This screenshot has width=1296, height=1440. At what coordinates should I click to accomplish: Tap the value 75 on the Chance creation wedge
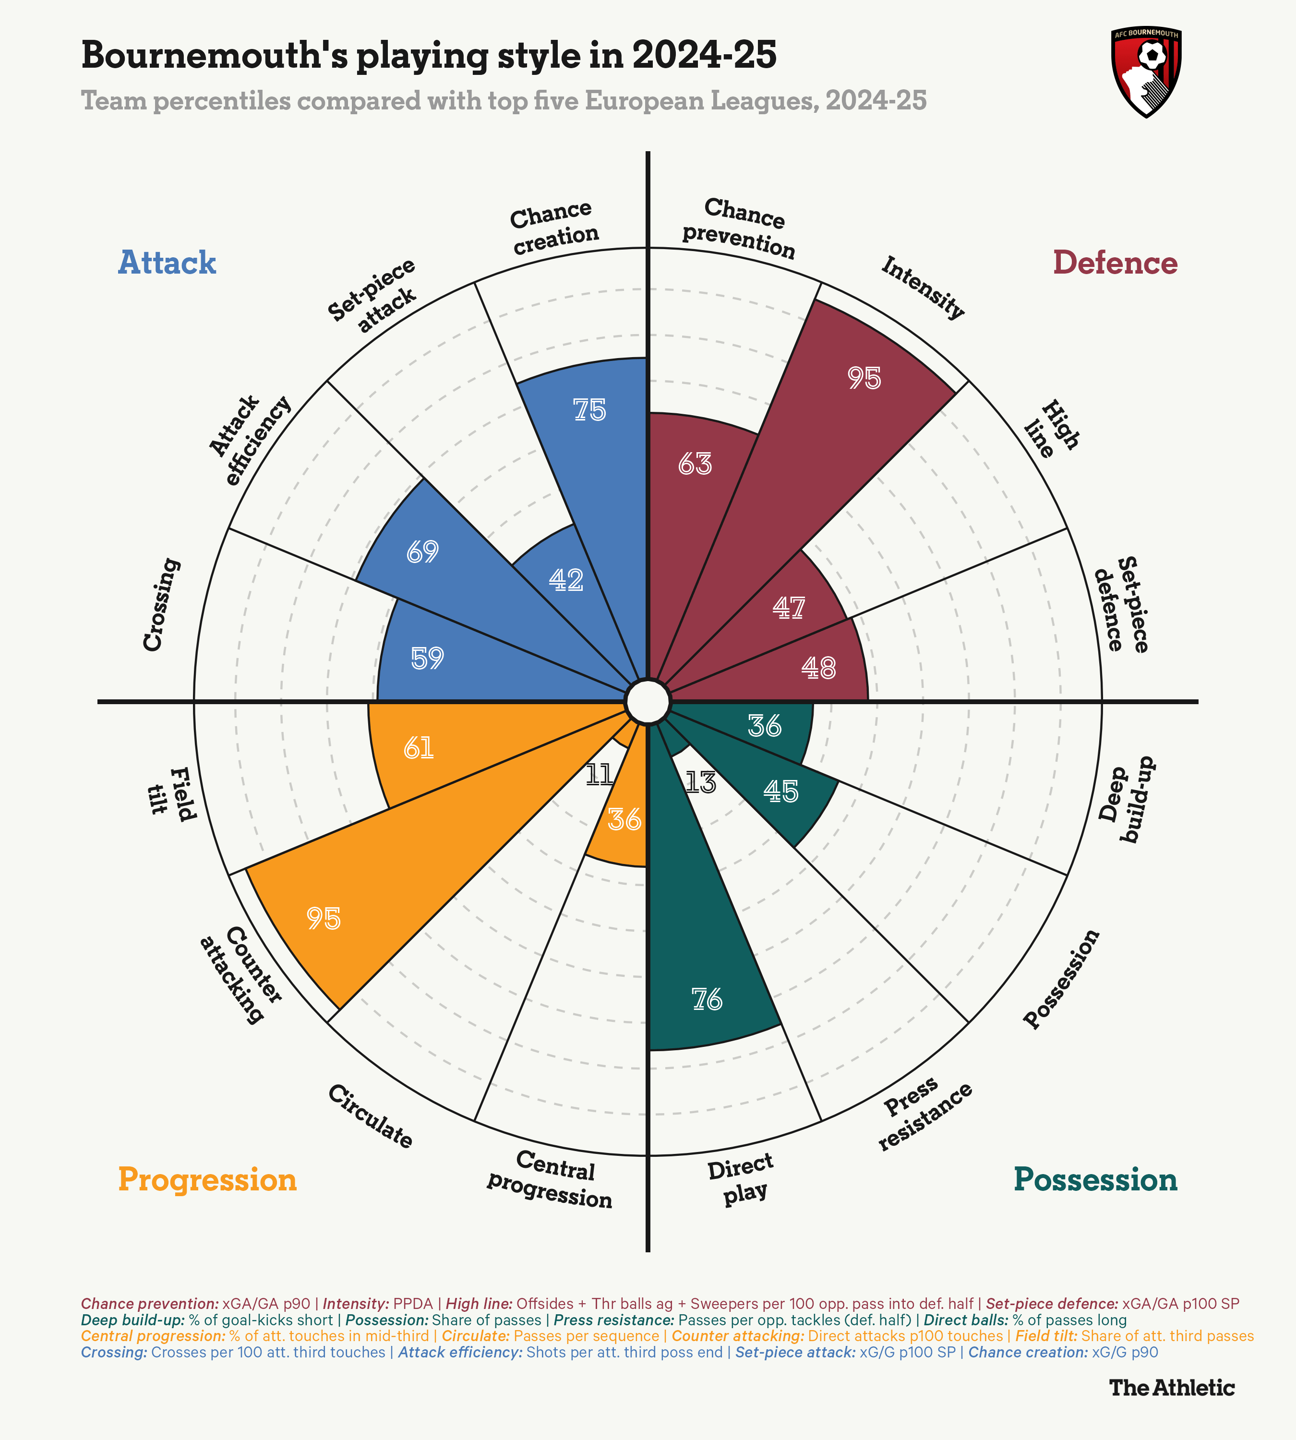589,410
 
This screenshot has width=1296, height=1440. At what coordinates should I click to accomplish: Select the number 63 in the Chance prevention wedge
695,464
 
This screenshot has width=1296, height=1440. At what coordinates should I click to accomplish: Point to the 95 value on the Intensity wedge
864,378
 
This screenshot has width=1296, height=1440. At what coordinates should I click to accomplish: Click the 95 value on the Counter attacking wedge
324,919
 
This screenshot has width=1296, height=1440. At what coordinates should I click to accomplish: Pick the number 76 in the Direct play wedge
707,1000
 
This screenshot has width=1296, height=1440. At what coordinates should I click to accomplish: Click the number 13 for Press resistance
700,783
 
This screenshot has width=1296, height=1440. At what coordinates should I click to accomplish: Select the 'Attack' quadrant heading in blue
167,262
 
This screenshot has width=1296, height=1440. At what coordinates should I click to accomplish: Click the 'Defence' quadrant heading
1115,262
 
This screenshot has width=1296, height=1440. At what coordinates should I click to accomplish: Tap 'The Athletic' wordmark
1171,1387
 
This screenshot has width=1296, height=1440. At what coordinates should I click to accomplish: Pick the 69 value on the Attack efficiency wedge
422,551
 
